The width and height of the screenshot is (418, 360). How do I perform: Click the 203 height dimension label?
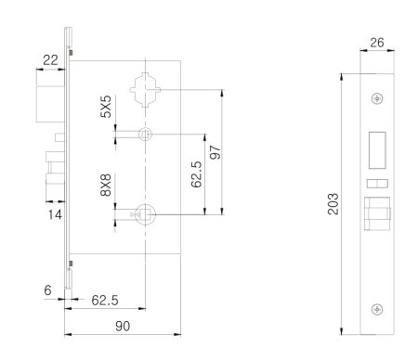[333, 204]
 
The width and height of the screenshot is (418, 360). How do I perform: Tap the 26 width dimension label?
[377, 43]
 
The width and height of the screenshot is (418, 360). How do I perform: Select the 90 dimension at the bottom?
[123, 326]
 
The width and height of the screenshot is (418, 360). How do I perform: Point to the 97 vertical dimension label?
[216, 152]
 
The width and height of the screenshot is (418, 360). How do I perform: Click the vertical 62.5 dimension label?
[196, 174]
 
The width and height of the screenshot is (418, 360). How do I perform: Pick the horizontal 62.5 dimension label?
[105, 300]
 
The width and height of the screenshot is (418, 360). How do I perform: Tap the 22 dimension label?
[50, 60]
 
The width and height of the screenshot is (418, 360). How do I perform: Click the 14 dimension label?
[55, 214]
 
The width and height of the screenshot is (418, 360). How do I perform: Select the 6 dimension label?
[47, 290]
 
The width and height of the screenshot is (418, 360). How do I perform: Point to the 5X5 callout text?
[106, 107]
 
